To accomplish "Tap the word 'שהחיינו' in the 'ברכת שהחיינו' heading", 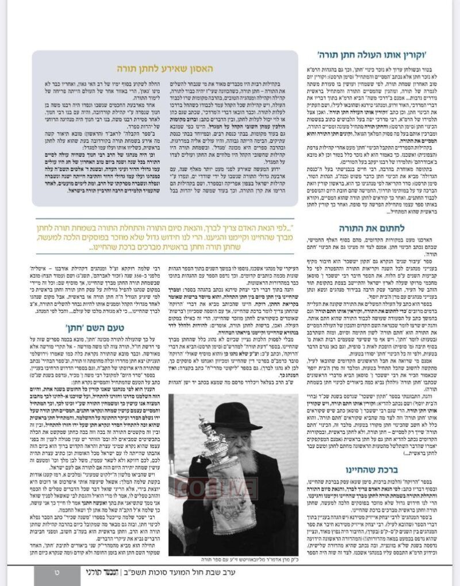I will (x=368, y=471).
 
